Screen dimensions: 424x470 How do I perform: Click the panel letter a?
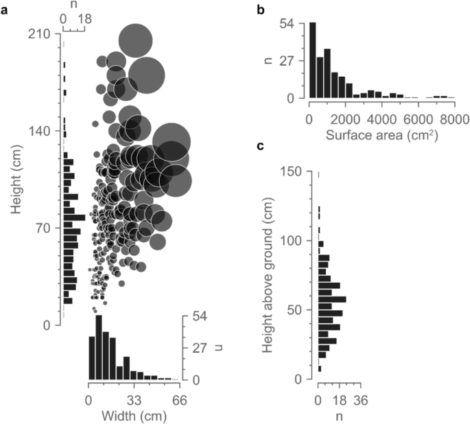(5, 10)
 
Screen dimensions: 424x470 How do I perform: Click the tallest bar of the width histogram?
(99, 347)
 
